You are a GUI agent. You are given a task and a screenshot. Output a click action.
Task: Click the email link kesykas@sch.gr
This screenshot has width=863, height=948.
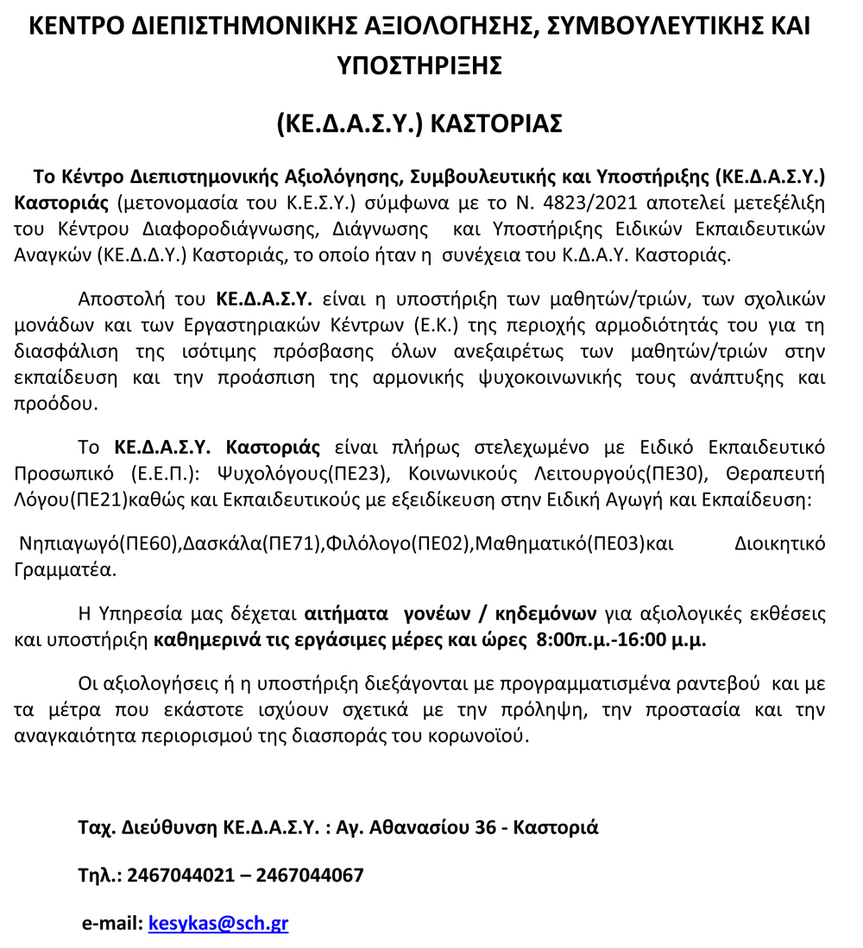(218, 923)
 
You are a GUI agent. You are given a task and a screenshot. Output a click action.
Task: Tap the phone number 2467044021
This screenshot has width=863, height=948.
(180, 876)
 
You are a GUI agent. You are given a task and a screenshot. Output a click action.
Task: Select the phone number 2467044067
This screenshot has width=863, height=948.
(310, 876)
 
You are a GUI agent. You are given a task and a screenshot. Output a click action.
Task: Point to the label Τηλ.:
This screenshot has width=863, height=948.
(99, 876)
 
